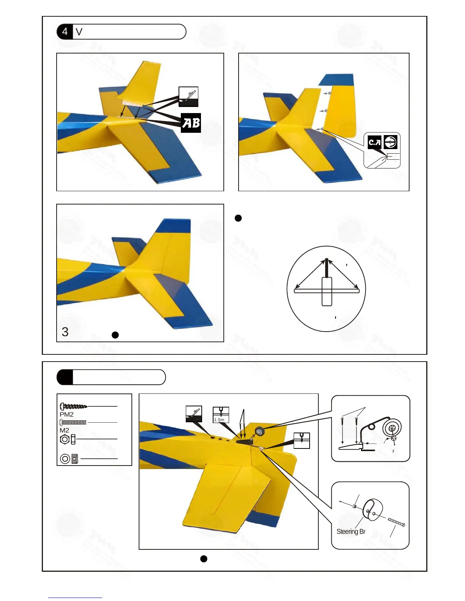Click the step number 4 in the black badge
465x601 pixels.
[65, 31]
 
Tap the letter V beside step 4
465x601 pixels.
[79, 32]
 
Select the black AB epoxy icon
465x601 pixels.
[191, 123]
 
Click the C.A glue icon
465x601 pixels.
[375, 142]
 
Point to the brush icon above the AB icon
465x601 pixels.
[188, 97]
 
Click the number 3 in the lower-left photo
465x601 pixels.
[65, 332]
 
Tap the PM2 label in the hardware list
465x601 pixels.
[66, 414]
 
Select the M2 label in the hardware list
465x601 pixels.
[64, 430]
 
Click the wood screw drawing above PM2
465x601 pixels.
[74, 406]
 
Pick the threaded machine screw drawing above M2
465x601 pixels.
[73, 422]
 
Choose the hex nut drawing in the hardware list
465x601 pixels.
[65, 439]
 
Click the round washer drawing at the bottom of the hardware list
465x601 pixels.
[65, 459]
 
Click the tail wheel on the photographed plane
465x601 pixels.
[259, 431]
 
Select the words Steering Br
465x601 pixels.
[351, 532]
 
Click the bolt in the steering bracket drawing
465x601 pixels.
[397, 523]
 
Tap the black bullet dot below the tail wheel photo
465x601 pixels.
[204, 559]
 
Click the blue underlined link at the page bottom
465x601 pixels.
[75, 598]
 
